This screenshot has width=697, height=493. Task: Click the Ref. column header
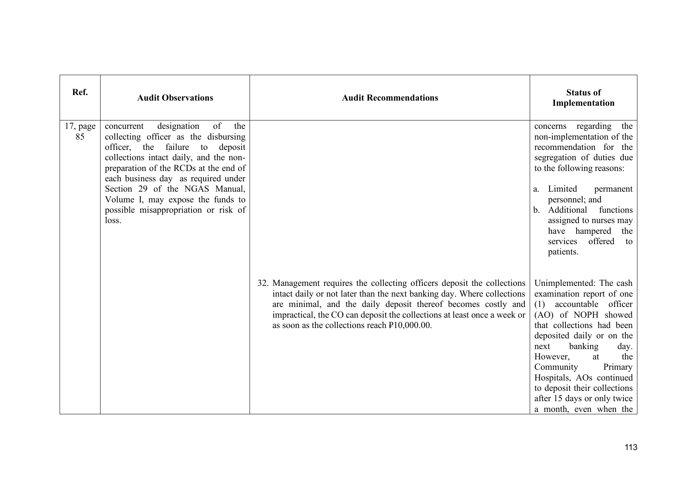(x=80, y=92)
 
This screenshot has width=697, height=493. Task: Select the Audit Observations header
(x=175, y=98)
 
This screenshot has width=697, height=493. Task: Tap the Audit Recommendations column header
(x=390, y=98)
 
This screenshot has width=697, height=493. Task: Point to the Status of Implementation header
(x=583, y=98)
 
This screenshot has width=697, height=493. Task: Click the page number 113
(x=631, y=448)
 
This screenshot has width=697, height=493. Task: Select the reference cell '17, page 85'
(x=80, y=132)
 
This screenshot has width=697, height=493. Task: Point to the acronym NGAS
(x=197, y=189)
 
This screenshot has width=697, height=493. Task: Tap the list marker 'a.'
(x=536, y=189)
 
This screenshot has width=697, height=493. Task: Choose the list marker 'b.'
(x=536, y=210)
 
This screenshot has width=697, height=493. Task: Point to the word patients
(x=563, y=252)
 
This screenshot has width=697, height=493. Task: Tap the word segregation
(x=553, y=158)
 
